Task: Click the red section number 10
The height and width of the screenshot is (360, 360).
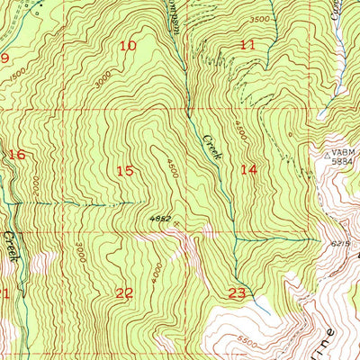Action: point(129,45)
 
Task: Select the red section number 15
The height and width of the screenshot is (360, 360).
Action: point(124,169)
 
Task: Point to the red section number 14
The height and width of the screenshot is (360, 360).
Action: point(248,168)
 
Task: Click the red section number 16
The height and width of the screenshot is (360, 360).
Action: point(16,155)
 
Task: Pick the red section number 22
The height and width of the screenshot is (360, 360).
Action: point(124,292)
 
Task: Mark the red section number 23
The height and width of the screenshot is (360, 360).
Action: point(238,292)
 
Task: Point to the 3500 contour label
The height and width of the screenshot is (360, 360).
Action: point(259,19)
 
